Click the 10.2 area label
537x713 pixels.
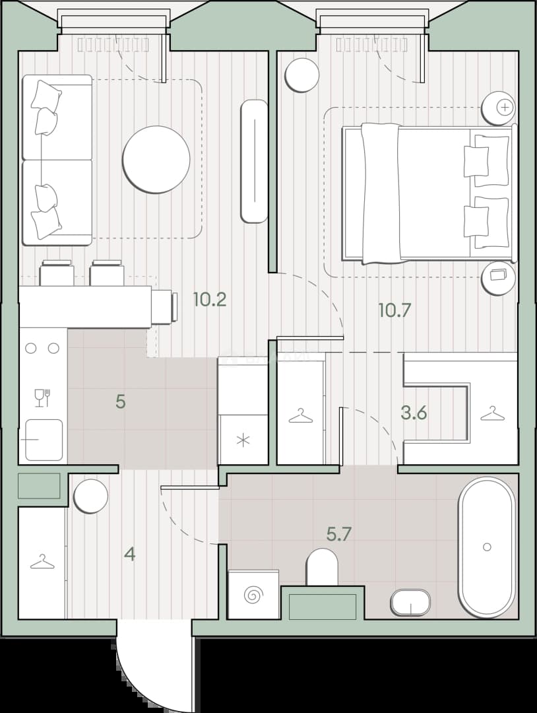(209, 300)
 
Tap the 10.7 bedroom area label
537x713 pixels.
(395, 310)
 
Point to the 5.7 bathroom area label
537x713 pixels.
(339, 534)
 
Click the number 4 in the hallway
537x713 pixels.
(130, 555)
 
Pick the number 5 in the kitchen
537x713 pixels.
(120, 402)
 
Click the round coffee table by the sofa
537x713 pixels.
(156, 160)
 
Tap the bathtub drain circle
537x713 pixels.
(487, 547)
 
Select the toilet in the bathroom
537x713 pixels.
(322, 567)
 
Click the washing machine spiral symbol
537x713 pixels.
(253, 594)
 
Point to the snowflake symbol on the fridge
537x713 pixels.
(244, 440)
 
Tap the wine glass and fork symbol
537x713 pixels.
(42, 398)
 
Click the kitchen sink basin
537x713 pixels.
(44, 440)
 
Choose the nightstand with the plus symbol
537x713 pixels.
(499, 108)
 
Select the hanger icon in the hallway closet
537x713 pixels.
(42, 562)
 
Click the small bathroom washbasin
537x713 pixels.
(410, 603)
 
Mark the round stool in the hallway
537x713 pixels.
(91, 496)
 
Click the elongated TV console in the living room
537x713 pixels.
(254, 162)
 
